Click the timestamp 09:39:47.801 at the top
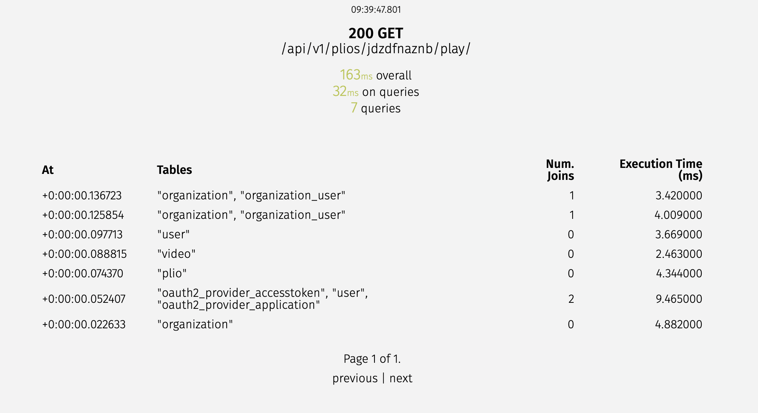376,10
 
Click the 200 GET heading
376,33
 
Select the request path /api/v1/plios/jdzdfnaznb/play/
376,49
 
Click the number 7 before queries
354,108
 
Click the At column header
48,170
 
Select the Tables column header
174,170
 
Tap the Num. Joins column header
560,170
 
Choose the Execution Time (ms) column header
661,170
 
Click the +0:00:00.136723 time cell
82,196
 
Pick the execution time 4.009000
678,215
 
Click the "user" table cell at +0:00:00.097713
173,235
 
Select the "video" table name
176,254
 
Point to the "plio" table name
172,274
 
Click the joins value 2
571,299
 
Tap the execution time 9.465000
678,299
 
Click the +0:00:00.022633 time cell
84,325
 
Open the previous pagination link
355,379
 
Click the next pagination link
401,379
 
